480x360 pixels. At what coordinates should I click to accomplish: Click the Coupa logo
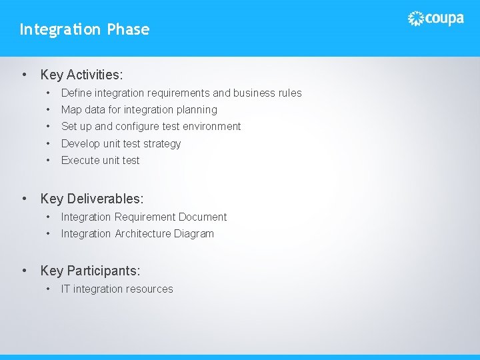click(435, 19)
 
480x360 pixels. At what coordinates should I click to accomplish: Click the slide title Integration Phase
click(85, 29)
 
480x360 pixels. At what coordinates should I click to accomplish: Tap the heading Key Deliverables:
click(92, 199)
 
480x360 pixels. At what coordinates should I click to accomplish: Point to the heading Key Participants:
click(90, 271)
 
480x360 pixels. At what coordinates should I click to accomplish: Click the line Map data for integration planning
click(139, 110)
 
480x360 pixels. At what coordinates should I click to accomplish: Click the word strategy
click(161, 144)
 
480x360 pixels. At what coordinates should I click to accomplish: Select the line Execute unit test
click(100, 161)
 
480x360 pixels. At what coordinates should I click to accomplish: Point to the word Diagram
click(194, 234)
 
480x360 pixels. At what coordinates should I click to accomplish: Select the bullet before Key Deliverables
click(25, 199)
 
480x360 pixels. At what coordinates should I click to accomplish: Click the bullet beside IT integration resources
click(48, 289)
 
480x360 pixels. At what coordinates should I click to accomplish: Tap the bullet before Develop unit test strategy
click(48, 144)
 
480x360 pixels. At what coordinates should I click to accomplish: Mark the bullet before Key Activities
click(25, 75)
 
